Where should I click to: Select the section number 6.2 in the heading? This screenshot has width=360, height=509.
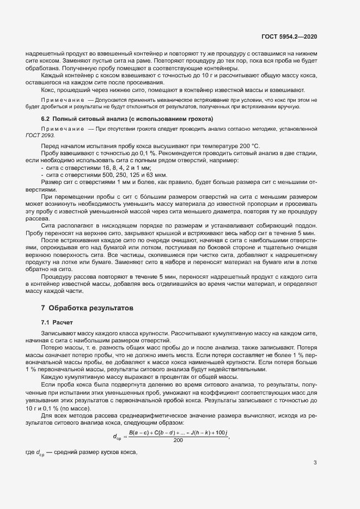46,119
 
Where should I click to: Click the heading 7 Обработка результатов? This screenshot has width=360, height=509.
87,308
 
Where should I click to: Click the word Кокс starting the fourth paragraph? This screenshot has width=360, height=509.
48,90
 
